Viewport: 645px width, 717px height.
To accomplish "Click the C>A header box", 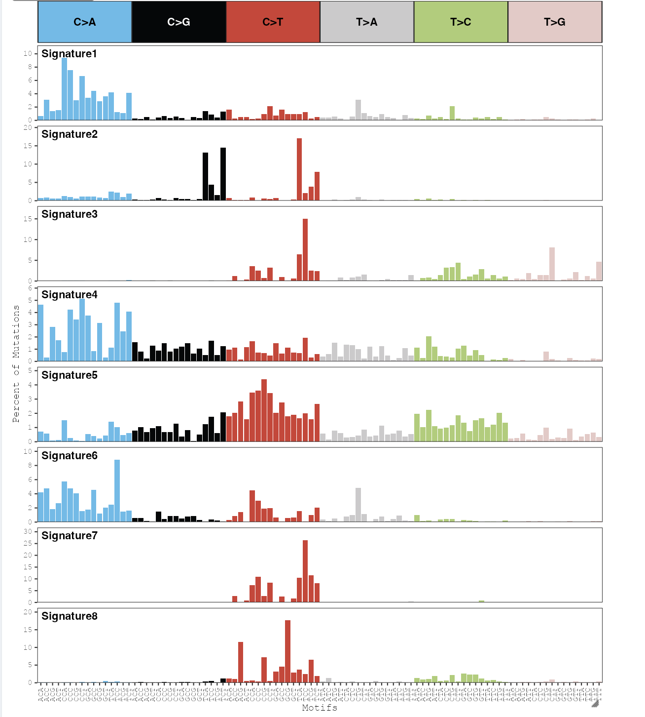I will [85, 22].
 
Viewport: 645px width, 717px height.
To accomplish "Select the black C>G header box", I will [179, 22].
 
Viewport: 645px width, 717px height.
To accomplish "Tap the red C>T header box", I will [273, 22].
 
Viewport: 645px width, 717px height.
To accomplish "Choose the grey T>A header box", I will [366, 22].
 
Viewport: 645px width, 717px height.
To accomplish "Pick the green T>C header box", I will [461, 22].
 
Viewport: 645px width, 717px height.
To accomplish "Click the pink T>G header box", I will [554, 22].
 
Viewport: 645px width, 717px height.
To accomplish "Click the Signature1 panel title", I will [69, 54].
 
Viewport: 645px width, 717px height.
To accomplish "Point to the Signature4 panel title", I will [69, 295].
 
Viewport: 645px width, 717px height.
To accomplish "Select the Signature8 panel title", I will [69, 616].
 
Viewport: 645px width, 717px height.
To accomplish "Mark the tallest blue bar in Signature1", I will [64, 89].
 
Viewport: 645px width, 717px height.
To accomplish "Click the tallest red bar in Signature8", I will [287, 651].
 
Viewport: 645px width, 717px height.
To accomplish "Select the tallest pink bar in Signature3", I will [552, 264].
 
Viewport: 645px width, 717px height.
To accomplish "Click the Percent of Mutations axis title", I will [16, 363].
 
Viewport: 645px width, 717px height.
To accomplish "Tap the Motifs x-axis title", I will [320, 708].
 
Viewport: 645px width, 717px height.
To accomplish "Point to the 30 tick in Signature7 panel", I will [28, 532].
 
